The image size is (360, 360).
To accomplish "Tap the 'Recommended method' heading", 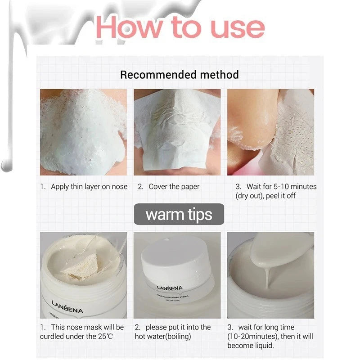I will click(179, 74).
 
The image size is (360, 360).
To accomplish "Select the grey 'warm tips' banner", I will click(179, 214).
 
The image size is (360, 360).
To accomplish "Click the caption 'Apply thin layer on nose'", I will click(89, 187).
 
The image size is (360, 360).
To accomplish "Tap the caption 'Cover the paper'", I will click(174, 187).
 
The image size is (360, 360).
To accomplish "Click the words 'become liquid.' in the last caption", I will click(251, 346).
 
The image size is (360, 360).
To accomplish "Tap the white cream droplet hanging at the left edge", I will click(6, 164).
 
